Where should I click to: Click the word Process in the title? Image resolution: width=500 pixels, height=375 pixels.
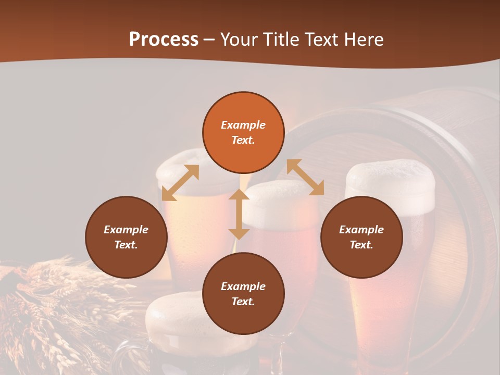pos(164,40)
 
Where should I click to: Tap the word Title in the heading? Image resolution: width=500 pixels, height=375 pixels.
pos(280,40)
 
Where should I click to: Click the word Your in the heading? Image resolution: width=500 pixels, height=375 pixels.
pos(240,40)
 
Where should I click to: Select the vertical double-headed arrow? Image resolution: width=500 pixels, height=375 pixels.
pos(239,214)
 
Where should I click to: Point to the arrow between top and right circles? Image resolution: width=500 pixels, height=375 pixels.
pos(305,177)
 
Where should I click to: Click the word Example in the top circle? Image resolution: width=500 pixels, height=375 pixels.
pos(243,125)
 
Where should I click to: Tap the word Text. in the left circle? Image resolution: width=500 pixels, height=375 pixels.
pos(126,245)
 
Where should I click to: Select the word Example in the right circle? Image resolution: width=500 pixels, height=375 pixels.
pos(361,230)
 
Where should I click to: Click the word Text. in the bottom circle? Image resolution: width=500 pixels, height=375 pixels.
pos(243,302)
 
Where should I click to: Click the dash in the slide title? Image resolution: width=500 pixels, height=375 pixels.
pos(209,40)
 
